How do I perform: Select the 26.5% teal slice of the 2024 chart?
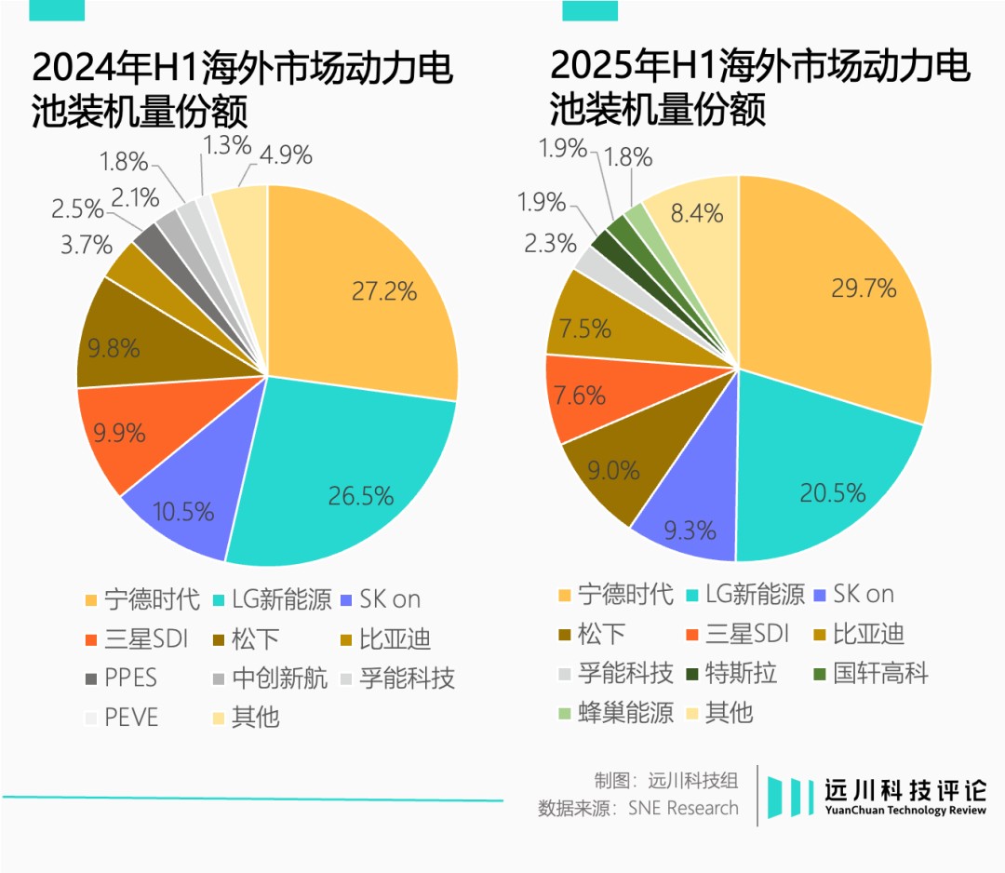(360, 496)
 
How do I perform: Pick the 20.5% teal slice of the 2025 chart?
(832, 491)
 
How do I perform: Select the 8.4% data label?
(696, 214)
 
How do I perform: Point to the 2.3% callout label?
(550, 244)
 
